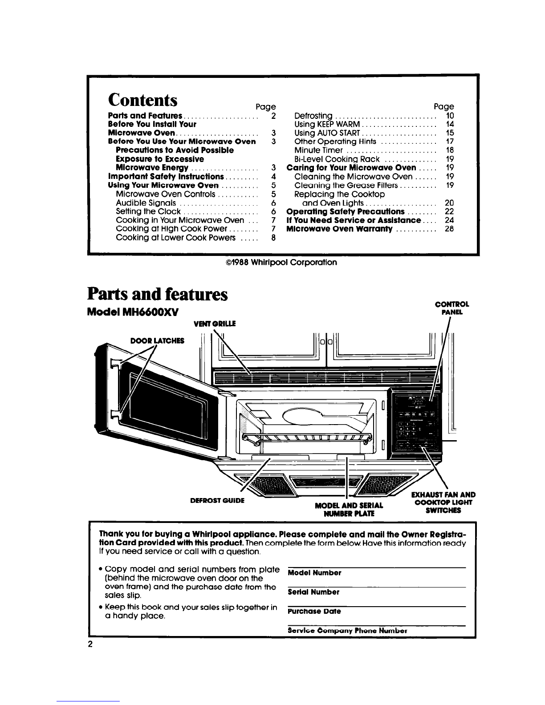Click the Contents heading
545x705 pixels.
142,100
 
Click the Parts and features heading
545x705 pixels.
158,294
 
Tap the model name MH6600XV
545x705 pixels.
150,312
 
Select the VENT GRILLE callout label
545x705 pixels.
215,324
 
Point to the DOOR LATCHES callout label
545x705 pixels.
157,340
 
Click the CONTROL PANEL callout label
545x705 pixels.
452,308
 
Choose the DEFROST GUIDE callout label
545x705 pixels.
217,501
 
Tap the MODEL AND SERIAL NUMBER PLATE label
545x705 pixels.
349,509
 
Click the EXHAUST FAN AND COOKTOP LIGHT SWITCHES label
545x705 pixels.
443,502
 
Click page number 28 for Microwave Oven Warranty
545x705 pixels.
449,229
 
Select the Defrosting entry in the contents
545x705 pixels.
313,116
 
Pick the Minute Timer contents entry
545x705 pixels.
318,150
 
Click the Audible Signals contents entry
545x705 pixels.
146,203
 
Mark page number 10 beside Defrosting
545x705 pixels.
450,116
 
